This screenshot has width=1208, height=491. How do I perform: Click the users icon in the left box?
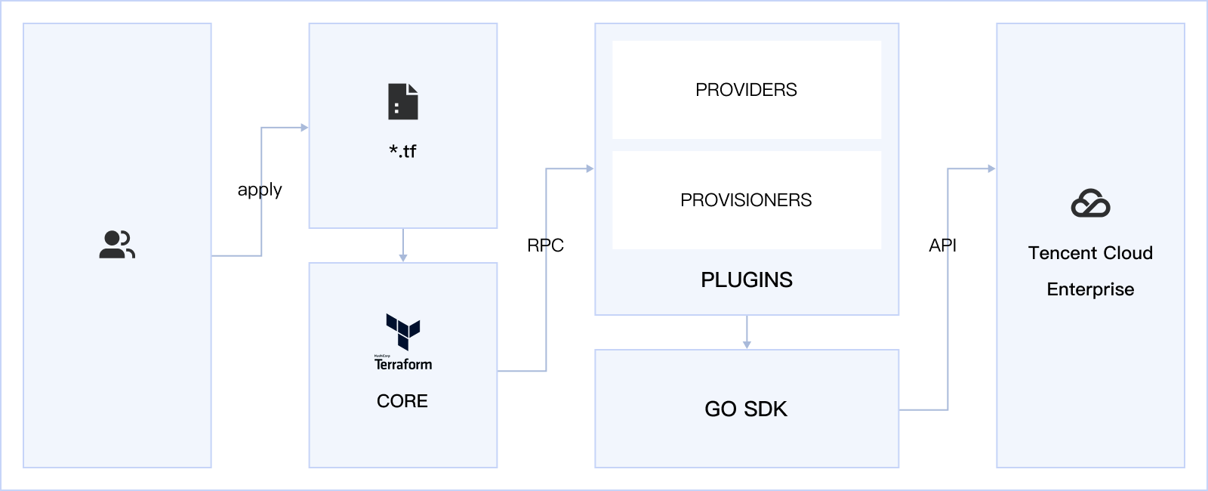[x=117, y=245]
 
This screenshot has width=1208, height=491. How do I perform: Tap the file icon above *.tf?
[x=403, y=102]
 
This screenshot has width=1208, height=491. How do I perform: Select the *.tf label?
[x=402, y=151]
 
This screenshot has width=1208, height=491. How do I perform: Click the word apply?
[x=260, y=190]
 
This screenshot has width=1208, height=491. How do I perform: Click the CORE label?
[x=402, y=401]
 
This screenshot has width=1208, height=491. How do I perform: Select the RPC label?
[x=545, y=246]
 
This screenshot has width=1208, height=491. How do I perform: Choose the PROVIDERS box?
[x=746, y=90]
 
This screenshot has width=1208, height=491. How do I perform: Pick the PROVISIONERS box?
[x=746, y=200]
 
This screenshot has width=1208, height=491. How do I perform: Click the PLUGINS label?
[x=746, y=280]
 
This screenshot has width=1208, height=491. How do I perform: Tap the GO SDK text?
[x=746, y=409]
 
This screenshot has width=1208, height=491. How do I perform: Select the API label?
[x=942, y=246]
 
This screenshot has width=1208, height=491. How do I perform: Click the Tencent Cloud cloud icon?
[x=1090, y=203]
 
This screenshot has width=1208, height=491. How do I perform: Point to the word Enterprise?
[x=1090, y=289]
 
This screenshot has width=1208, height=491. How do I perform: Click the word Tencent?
[x=1059, y=253]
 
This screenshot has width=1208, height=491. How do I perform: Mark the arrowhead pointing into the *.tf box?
[x=304, y=128]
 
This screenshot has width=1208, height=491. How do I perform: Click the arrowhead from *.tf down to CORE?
[x=403, y=258]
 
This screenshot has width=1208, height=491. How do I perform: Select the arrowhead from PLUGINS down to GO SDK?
[x=747, y=344]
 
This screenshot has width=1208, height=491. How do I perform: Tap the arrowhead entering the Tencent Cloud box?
[x=991, y=168]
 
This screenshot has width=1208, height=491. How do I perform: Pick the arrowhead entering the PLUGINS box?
[x=590, y=168]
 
